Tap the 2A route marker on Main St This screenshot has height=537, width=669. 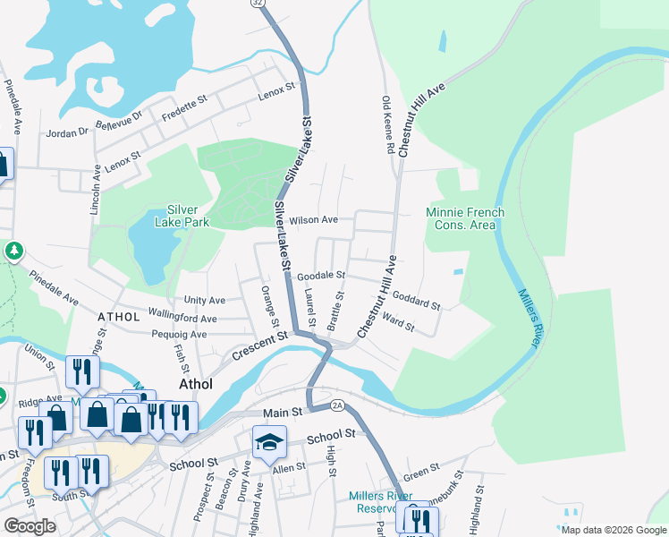337,405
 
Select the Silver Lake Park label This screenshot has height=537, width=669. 188,216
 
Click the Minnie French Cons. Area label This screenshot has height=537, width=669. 464,218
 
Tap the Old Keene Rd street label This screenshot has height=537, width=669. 388,125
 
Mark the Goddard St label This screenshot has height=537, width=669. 417,299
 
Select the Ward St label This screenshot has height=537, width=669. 398,322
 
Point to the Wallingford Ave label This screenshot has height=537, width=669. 182,319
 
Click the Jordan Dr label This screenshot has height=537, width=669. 68,132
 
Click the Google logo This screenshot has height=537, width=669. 30,526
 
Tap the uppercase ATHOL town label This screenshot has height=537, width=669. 119,317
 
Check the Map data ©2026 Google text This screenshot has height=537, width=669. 613,530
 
